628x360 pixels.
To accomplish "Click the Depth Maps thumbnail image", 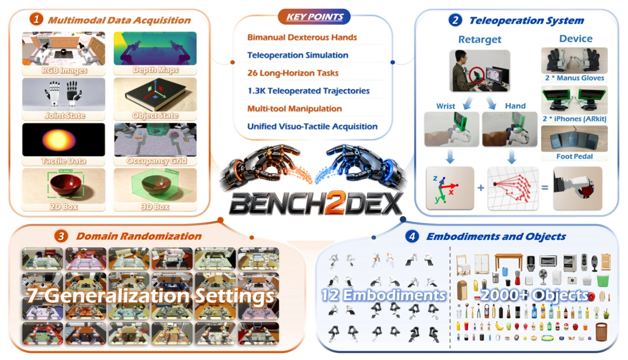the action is click(x=155, y=48).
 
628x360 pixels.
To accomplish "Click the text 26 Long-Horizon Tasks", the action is click(x=293, y=73).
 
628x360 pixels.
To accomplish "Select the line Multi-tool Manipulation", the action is click(x=294, y=109).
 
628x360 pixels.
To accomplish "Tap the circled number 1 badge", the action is click(x=36, y=19).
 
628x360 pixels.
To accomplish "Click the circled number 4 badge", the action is click(x=412, y=237).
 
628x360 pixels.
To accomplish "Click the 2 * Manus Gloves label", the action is click(x=574, y=78).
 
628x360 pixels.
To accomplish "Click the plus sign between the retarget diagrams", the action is click(x=481, y=188).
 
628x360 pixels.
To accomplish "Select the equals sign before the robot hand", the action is click(x=545, y=188).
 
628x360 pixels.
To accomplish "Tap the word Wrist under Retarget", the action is click(x=445, y=106).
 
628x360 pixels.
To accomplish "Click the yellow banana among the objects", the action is click(x=499, y=326).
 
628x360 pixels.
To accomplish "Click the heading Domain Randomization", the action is click(x=139, y=236).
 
